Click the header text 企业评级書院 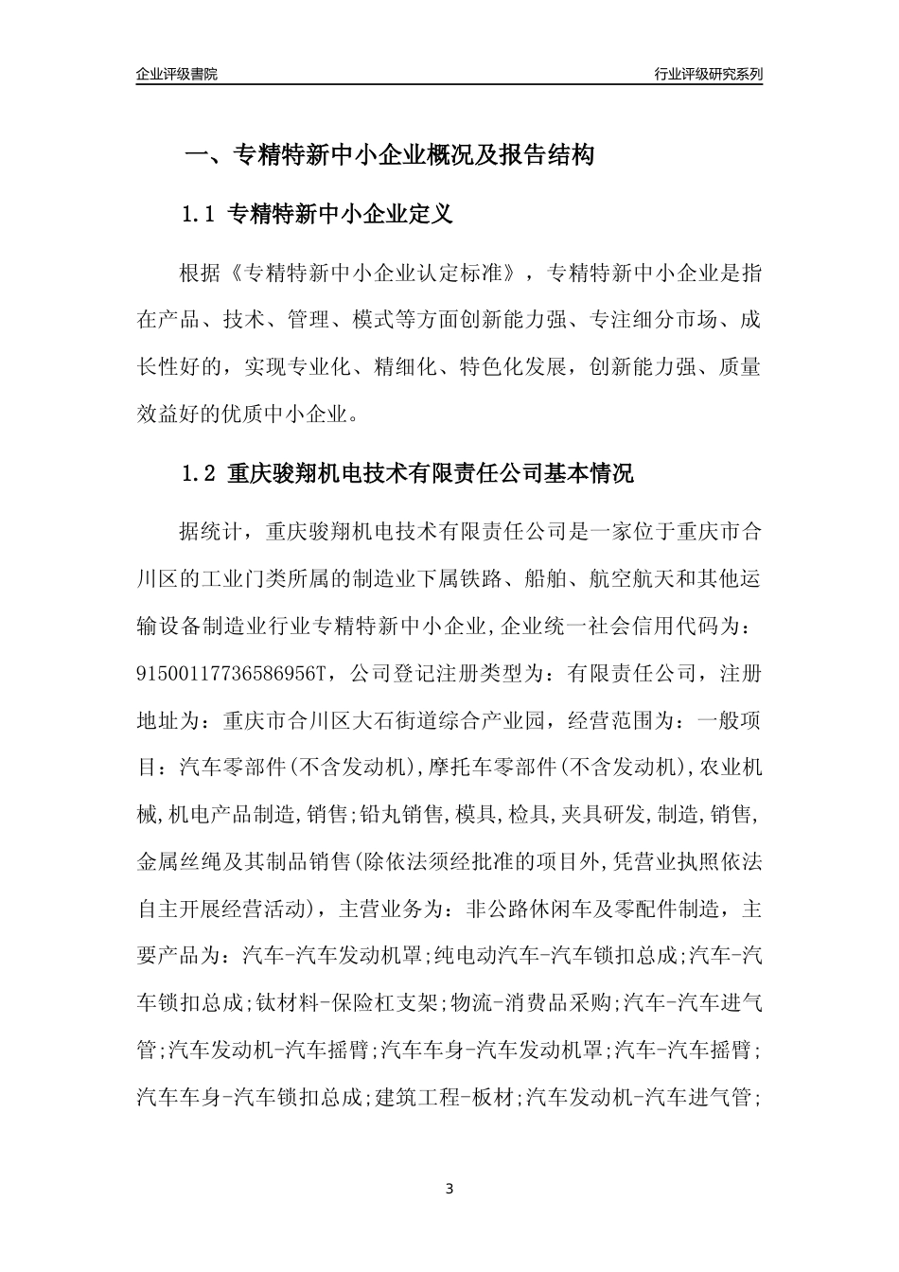(x=177, y=74)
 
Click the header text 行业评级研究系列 (x=708, y=74)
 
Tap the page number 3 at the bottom (x=449, y=1188)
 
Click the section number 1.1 (x=199, y=215)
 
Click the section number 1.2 (x=199, y=473)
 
